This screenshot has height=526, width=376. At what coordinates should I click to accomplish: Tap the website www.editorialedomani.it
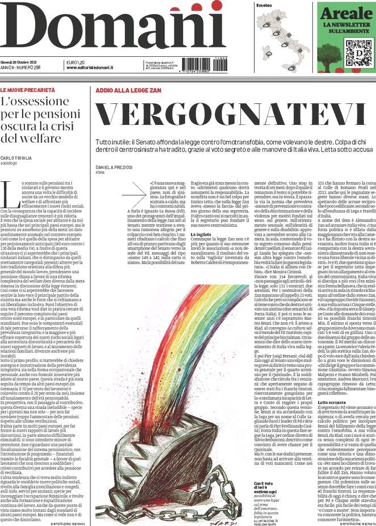(x=91, y=68)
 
